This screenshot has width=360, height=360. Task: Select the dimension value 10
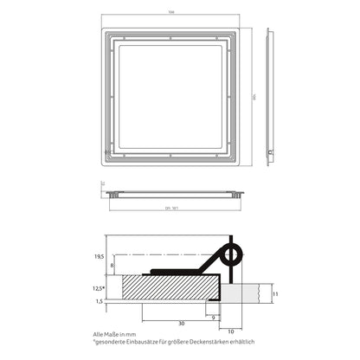pos(232,330)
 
